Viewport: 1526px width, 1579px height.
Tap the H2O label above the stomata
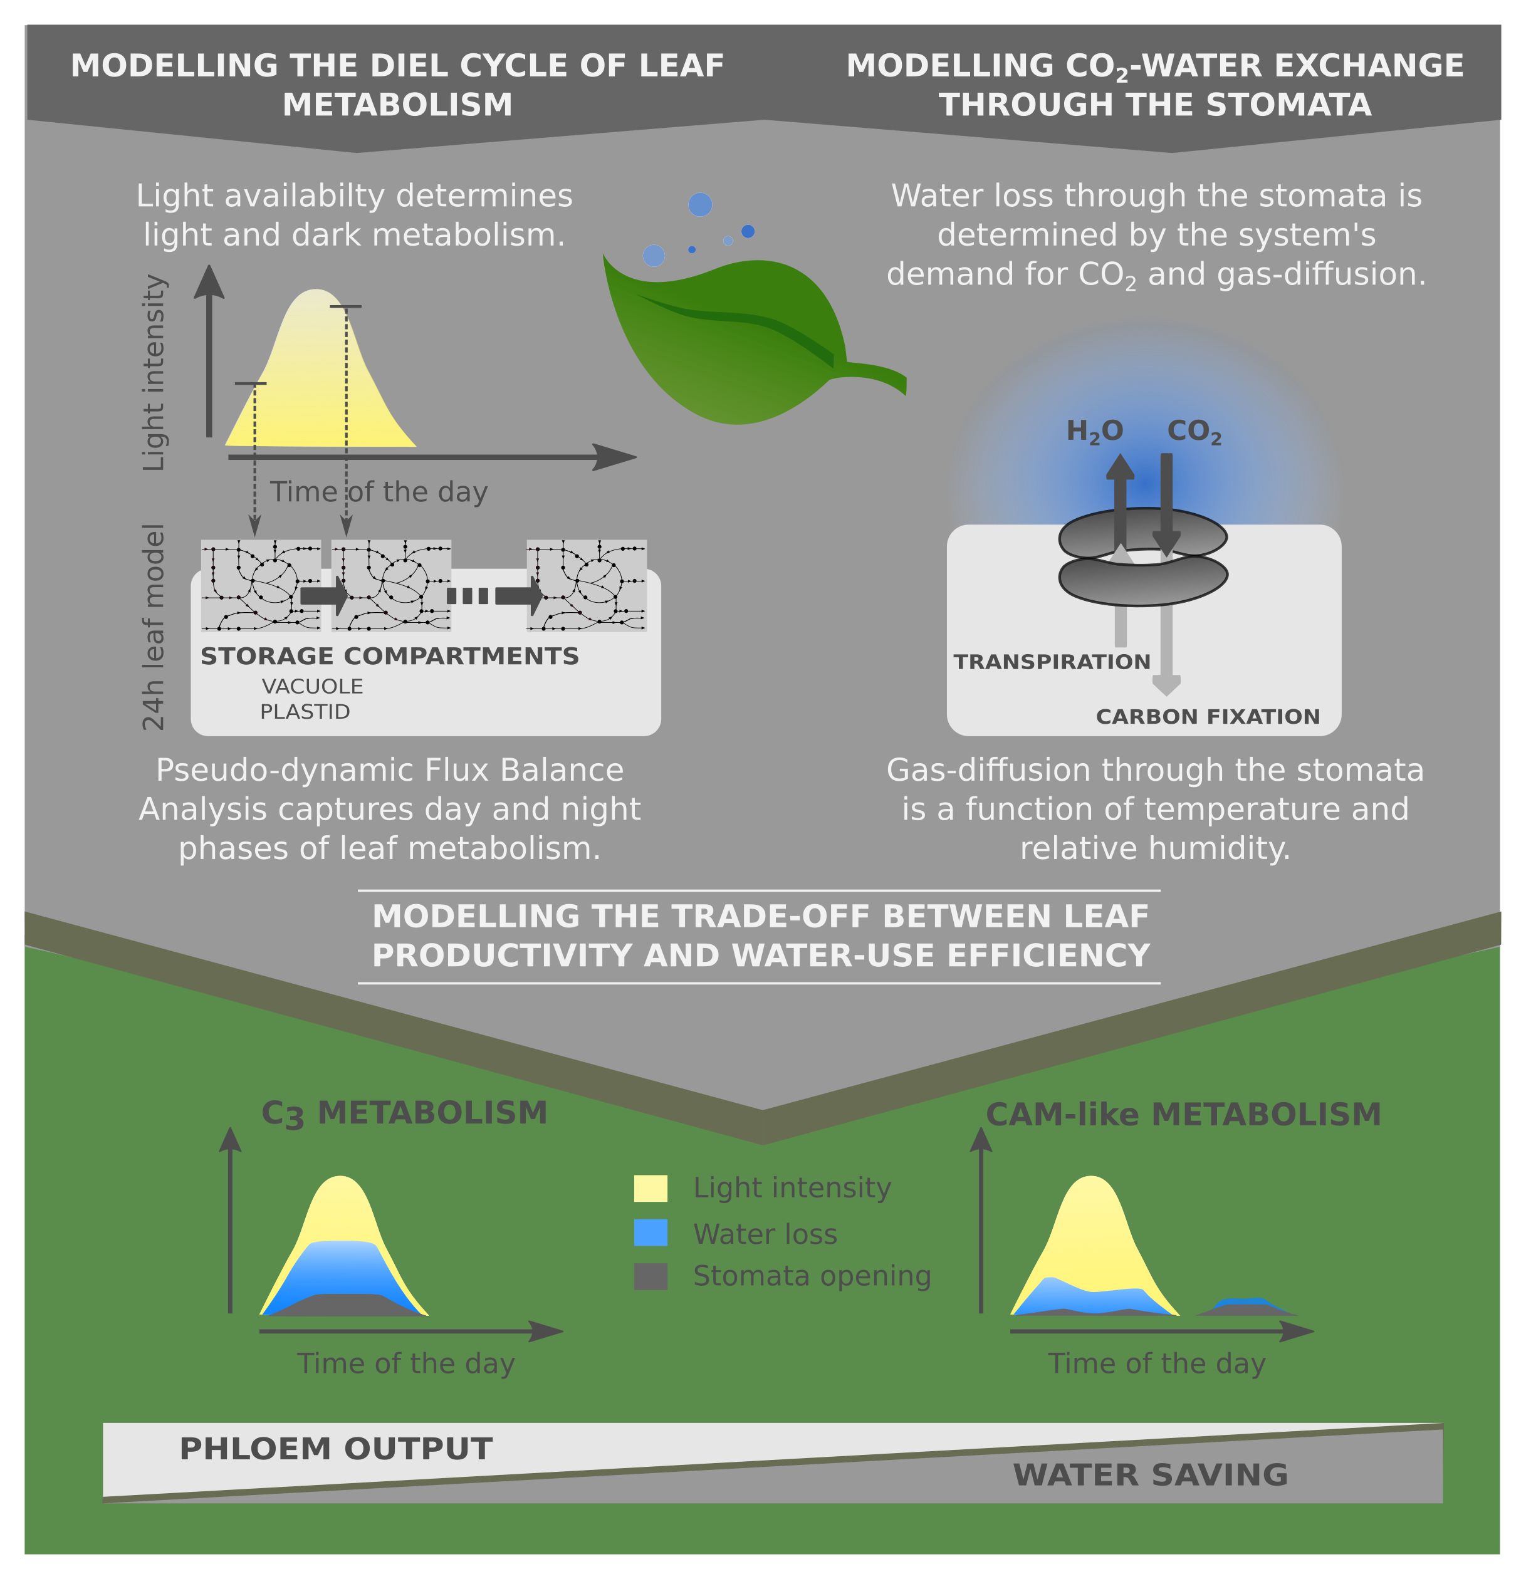(1094, 432)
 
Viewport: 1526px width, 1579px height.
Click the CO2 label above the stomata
(1194, 432)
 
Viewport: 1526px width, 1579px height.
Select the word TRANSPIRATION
(1052, 662)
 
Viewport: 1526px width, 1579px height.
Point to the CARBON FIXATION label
(1208, 716)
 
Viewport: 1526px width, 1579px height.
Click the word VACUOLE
(313, 686)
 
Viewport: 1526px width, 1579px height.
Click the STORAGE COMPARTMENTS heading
(390, 656)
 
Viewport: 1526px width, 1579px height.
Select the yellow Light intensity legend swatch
(651, 1188)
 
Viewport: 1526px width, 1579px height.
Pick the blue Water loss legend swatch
(651, 1233)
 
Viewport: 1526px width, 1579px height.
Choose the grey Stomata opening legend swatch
(651, 1276)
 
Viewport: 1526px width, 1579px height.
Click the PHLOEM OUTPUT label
(336, 1449)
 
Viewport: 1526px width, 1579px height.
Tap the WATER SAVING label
(1151, 1474)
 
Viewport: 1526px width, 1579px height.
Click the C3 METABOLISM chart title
(404, 1113)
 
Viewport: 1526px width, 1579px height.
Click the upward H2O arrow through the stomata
(1120, 499)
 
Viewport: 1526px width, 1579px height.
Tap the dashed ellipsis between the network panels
(468, 596)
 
